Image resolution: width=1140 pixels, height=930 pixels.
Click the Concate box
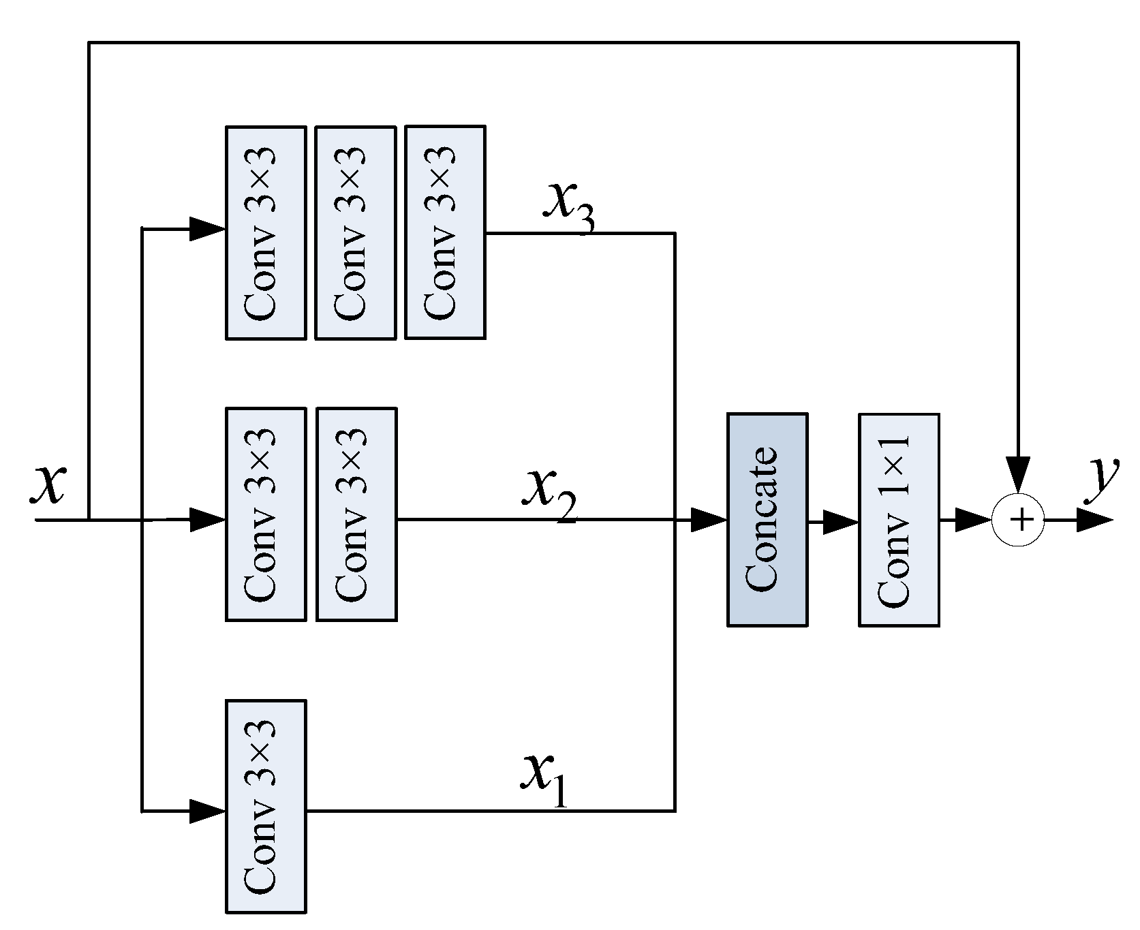click(767, 519)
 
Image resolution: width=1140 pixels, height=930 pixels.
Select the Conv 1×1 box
click(899, 519)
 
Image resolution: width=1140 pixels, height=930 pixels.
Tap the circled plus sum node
click(1018, 521)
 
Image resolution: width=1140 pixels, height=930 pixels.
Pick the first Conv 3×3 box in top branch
click(266, 232)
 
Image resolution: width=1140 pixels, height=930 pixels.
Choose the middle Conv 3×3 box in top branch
click(355, 232)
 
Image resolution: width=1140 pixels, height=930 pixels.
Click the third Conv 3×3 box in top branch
click(445, 232)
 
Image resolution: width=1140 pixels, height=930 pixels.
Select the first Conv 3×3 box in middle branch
click(266, 514)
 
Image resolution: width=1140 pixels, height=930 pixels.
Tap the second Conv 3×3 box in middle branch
click(356, 514)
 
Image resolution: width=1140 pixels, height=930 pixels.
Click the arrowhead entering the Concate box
click(710, 521)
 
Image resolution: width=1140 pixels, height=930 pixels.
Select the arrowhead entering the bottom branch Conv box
click(207, 811)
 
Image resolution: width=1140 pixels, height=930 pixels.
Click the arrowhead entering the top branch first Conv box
click(207, 230)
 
